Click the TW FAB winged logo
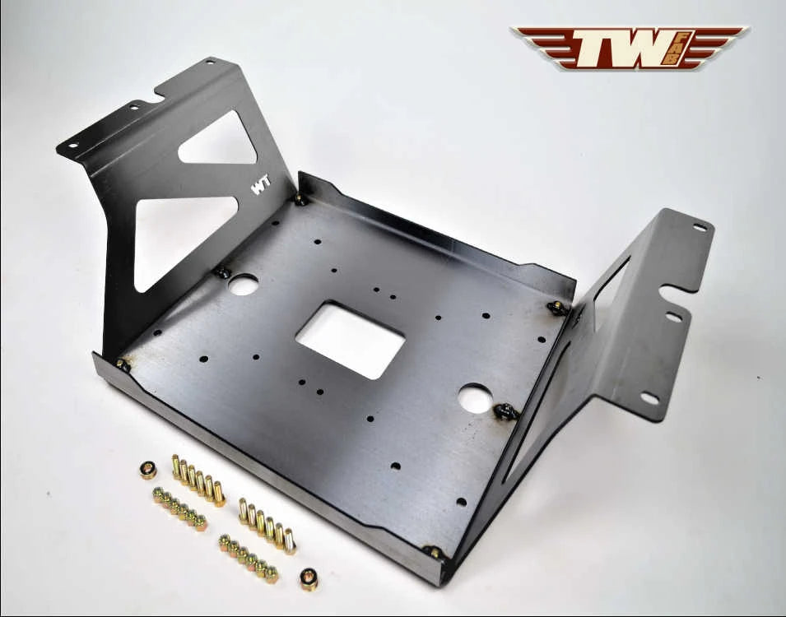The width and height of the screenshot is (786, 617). [x=630, y=47]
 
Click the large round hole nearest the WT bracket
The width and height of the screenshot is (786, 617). [x=243, y=285]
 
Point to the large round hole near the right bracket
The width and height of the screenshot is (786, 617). [x=475, y=400]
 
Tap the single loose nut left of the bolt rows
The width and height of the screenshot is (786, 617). [x=149, y=470]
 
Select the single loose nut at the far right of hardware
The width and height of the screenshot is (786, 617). [x=309, y=579]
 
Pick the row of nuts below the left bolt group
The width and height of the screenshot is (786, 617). [x=179, y=507]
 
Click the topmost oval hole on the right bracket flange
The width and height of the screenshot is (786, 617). [x=700, y=228]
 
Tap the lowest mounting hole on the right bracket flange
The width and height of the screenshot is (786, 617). [x=649, y=398]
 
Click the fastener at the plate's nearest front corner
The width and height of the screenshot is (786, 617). [x=433, y=552]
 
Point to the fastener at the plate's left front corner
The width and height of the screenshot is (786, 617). [x=123, y=364]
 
